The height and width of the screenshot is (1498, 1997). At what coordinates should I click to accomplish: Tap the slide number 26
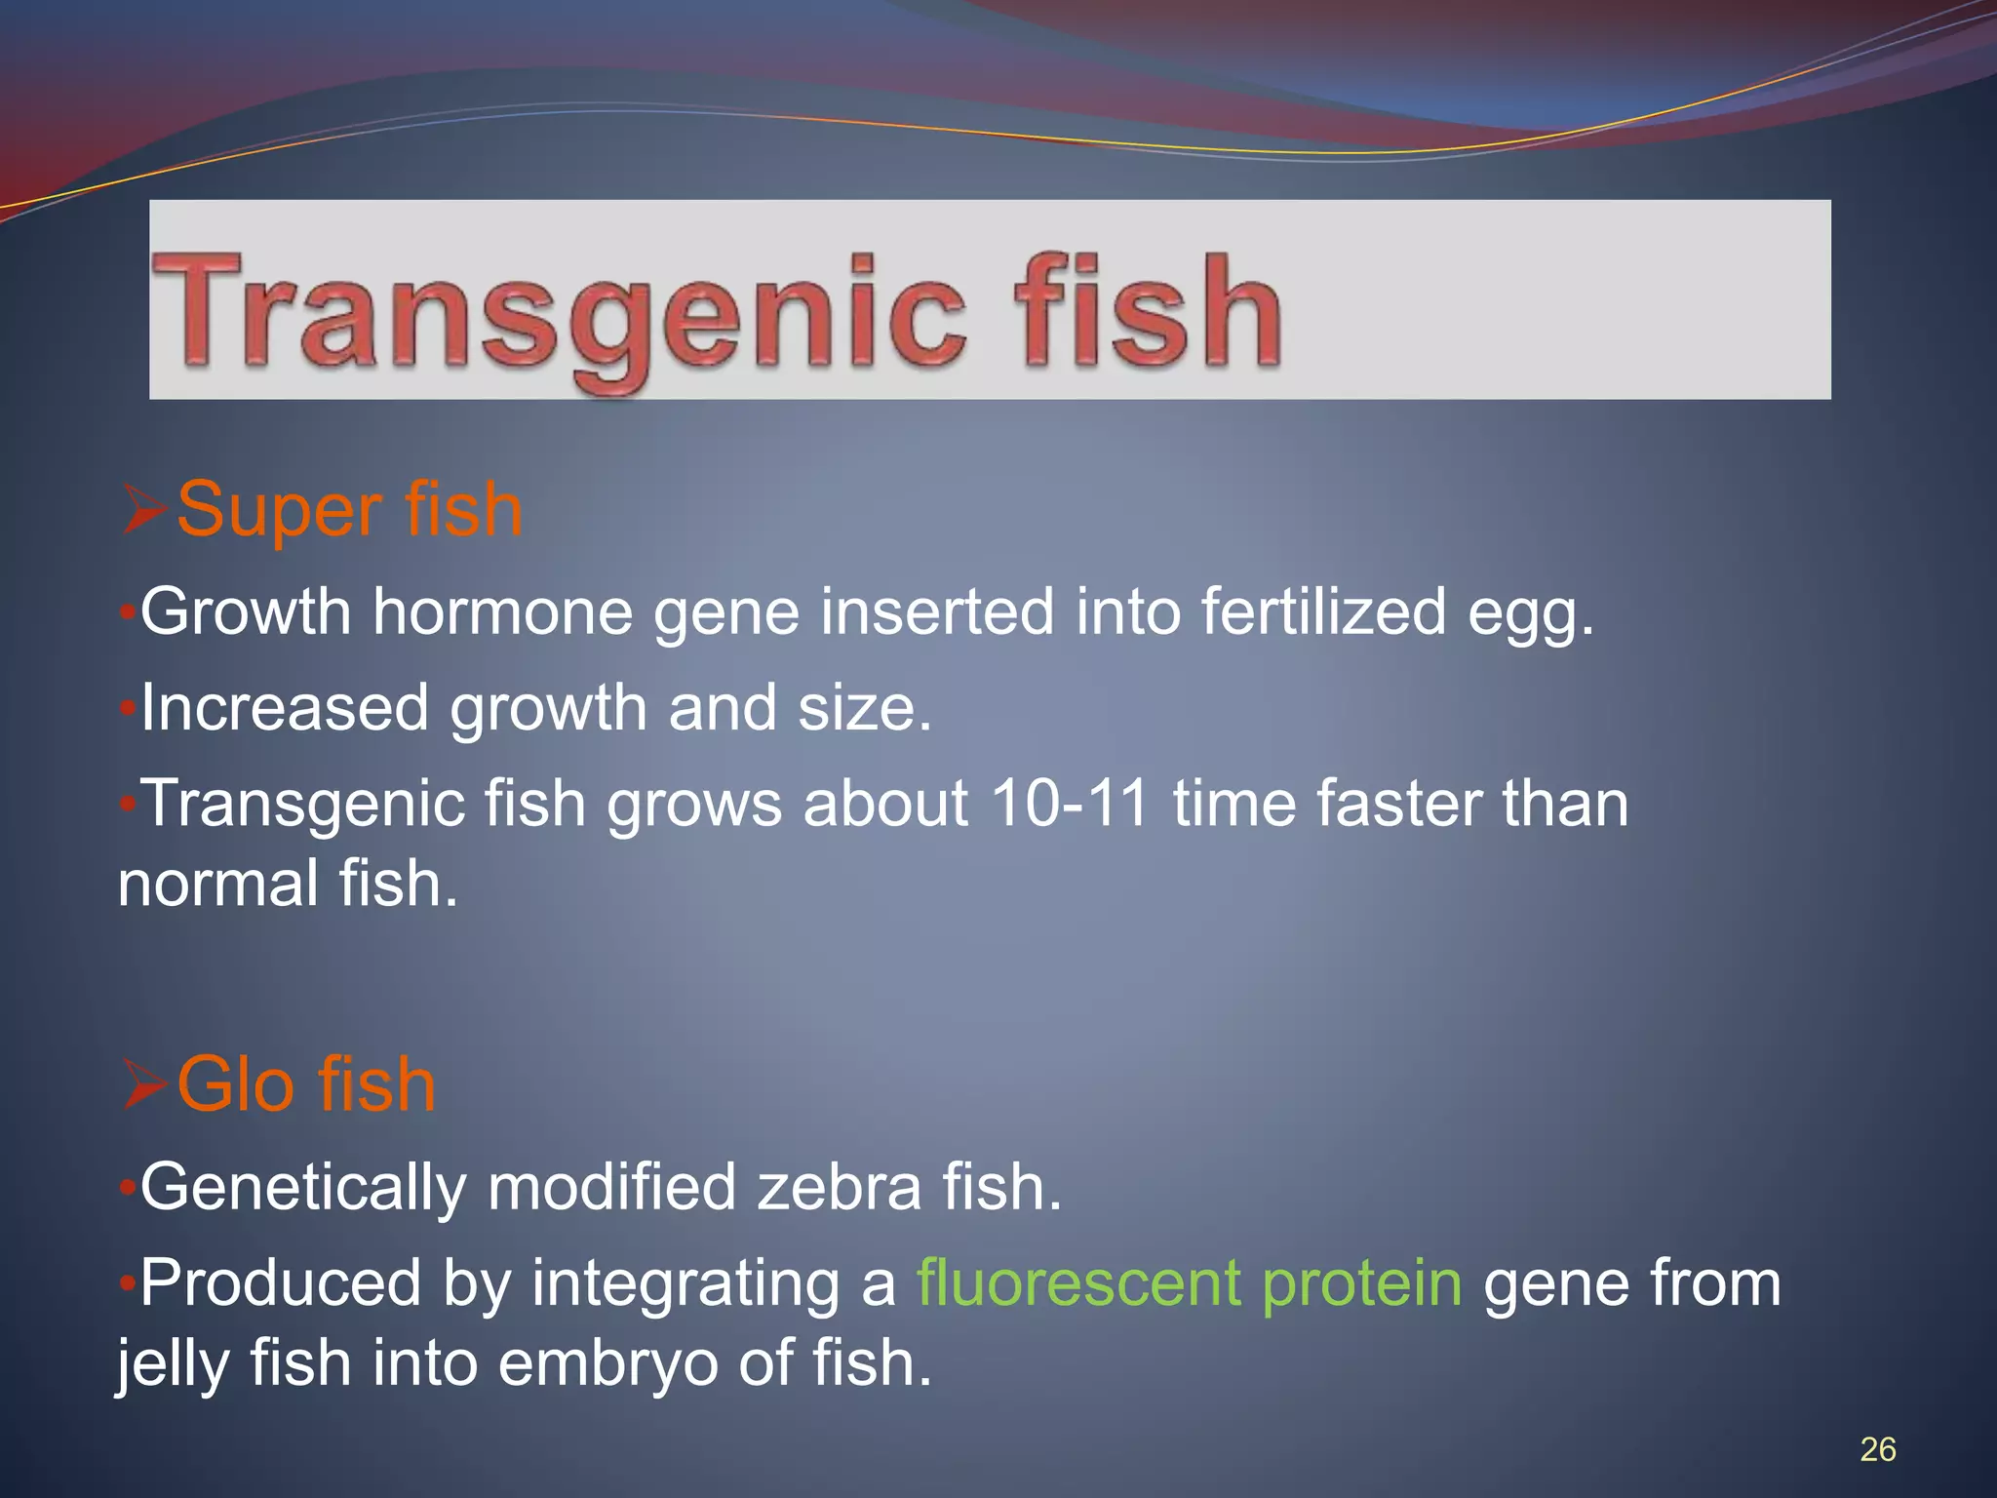click(x=1877, y=1449)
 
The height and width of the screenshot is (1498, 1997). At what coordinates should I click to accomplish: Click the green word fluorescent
click(x=1078, y=1282)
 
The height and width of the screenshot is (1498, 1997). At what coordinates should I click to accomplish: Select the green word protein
click(x=1361, y=1284)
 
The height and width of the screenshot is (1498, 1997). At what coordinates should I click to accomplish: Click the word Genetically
click(x=303, y=1188)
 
